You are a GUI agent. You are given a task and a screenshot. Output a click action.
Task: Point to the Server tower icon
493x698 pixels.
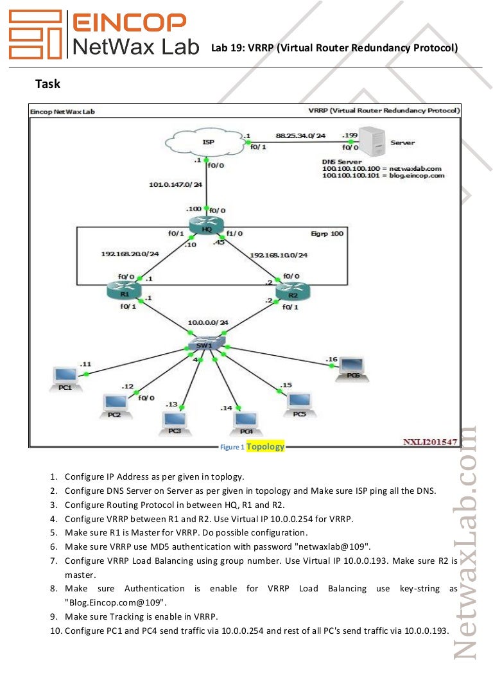(x=372, y=143)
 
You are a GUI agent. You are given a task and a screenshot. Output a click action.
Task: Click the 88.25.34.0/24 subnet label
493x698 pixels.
(x=300, y=135)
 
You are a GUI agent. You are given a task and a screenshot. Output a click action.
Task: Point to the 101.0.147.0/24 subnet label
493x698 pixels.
(x=175, y=185)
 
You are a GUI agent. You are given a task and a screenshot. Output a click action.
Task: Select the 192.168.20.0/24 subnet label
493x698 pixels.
(x=130, y=254)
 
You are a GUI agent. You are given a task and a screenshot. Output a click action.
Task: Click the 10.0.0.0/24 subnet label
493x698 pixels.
(x=209, y=322)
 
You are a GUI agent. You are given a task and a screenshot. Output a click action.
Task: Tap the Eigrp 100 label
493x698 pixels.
(x=327, y=234)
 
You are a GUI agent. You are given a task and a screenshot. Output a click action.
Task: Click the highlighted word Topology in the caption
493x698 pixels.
(x=265, y=446)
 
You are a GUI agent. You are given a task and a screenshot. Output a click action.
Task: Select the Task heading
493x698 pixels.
(x=48, y=83)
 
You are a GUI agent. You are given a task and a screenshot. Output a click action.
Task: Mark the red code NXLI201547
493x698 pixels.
(x=429, y=442)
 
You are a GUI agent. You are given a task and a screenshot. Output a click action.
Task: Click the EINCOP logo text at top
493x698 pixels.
(x=130, y=23)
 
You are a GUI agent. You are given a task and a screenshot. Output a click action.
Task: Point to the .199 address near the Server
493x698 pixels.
(x=350, y=135)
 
